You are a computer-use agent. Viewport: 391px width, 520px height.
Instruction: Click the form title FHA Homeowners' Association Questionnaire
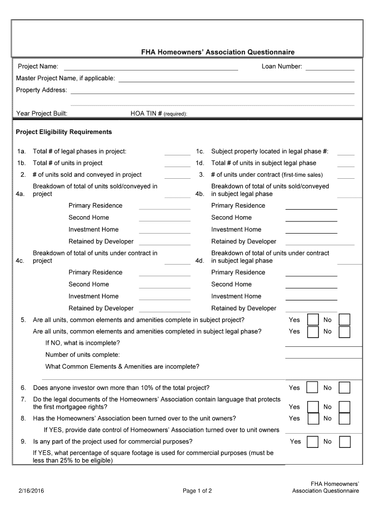pyautogui.click(x=218, y=52)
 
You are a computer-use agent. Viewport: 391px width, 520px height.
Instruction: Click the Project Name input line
pyautogui.click(x=150, y=68)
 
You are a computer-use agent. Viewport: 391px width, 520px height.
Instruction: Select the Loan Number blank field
pyautogui.click(x=330, y=68)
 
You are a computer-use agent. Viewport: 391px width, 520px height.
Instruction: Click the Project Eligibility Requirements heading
pyautogui.click(x=63, y=132)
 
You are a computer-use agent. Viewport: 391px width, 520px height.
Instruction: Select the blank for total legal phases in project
pyautogui.click(x=177, y=152)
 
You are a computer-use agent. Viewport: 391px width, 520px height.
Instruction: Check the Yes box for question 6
pyautogui.click(x=313, y=388)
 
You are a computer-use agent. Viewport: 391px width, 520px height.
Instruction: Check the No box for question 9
pyautogui.click(x=345, y=442)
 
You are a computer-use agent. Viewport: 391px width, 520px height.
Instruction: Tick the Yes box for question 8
pyautogui.click(x=313, y=418)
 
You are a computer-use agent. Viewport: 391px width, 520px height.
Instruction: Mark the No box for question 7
pyautogui.click(x=345, y=407)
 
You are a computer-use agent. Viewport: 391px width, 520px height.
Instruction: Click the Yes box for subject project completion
pyautogui.click(x=313, y=320)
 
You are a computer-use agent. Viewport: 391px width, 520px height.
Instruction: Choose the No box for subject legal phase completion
pyautogui.click(x=345, y=332)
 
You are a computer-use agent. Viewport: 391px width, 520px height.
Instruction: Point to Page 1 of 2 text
pyautogui.click(x=197, y=491)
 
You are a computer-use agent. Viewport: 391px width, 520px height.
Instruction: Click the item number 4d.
pyautogui.click(x=200, y=261)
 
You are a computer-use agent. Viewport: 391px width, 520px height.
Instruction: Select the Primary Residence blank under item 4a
pyautogui.click(x=165, y=207)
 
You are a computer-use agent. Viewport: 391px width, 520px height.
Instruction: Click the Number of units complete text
pyautogui.click(x=83, y=354)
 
